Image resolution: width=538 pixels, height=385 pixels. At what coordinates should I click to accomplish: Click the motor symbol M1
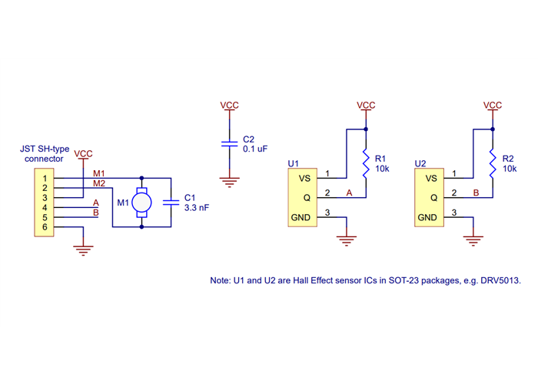tap(141, 203)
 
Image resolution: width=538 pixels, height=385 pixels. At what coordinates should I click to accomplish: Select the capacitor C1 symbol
tap(171, 202)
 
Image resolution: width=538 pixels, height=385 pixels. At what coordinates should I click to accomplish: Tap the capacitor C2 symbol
tap(228, 143)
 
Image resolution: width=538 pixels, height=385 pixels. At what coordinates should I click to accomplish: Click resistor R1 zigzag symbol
tap(366, 162)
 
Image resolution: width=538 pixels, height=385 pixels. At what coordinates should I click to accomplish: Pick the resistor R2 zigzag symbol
tap(493, 162)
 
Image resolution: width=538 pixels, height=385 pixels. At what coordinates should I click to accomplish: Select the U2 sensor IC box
tap(427, 198)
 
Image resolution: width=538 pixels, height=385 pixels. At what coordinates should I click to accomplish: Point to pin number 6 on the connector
tap(45, 227)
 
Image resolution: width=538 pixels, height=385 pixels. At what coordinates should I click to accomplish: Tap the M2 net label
tap(99, 183)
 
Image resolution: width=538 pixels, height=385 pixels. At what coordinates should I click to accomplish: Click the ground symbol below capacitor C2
tap(228, 182)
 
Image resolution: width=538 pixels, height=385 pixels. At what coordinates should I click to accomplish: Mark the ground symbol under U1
tap(347, 240)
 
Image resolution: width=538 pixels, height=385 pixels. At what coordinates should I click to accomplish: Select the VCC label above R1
tap(366, 105)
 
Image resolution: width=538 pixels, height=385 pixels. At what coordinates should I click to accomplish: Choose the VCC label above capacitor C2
tap(228, 105)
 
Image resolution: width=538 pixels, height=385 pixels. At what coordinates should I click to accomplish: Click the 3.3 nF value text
tap(197, 208)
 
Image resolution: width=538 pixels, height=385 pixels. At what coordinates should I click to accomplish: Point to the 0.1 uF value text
tap(255, 149)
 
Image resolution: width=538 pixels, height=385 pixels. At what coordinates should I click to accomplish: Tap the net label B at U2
tap(476, 192)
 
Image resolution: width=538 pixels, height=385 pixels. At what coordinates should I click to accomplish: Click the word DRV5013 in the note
tap(502, 281)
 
